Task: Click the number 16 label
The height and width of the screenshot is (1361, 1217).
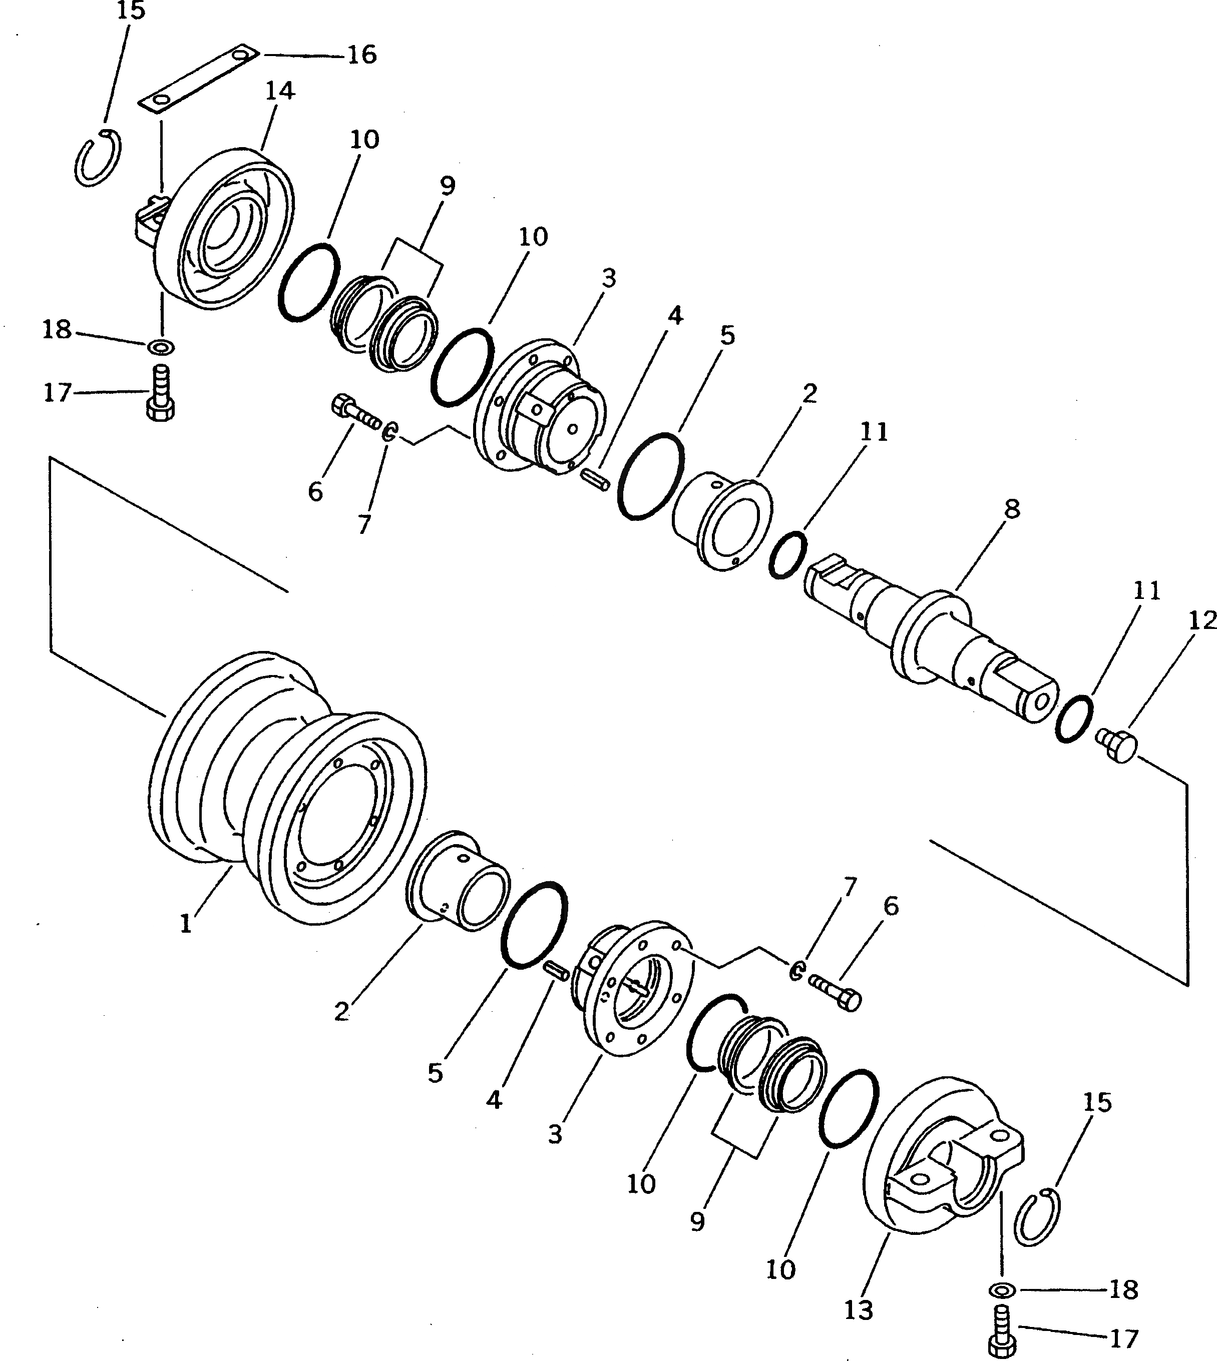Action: (362, 54)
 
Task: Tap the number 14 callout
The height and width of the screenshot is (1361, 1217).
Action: (279, 90)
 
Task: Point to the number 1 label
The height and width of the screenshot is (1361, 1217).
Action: (186, 924)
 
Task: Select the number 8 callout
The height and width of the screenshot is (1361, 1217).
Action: (1012, 509)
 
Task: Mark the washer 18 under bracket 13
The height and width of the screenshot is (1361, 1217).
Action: (1001, 1289)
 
